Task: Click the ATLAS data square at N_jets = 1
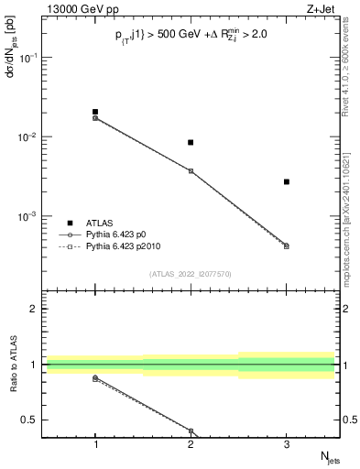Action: click(95, 112)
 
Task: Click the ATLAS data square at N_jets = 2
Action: click(191, 142)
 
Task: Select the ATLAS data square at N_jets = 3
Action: click(287, 181)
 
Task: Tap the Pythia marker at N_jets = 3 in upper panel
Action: click(287, 245)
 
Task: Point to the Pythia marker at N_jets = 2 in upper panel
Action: click(191, 170)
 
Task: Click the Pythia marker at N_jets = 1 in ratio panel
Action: click(95, 377)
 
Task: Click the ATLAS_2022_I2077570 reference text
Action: click(191, 273)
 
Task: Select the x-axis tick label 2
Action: click(191, 443)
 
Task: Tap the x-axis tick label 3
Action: click(287, 443)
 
